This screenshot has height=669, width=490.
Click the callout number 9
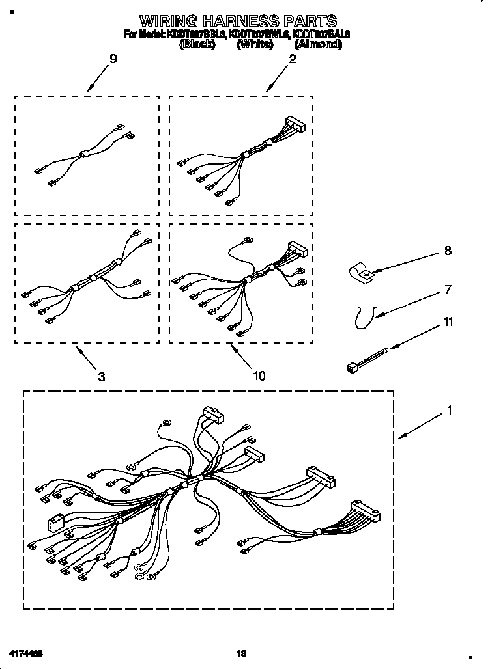click(113, 59)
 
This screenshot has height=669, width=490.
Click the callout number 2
click(293, 59)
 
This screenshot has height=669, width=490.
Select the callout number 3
click(102, 376)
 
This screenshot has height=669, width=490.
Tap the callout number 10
click(259, 375)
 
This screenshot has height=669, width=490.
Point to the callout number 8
click(448, 251)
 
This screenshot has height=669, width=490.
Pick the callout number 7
click(448, 290)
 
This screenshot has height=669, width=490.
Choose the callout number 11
click(448, 321)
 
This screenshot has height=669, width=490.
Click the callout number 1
click(449, 411)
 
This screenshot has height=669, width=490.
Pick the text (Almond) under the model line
click(318, 44)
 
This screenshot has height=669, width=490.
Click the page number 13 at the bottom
click(242, 653)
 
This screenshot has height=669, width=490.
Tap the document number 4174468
click(27, 653)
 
